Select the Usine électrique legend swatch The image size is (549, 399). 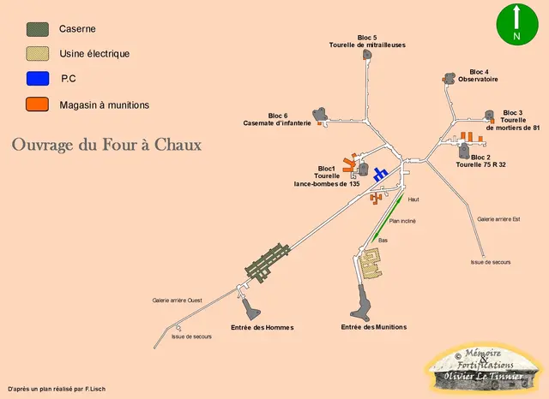38,54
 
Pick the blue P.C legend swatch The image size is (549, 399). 38,79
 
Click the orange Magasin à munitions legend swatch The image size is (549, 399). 38,104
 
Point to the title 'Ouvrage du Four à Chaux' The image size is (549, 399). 106,145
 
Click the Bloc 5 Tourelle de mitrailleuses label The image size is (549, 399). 367,41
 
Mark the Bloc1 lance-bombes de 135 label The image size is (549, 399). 327,176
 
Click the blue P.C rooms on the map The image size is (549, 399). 380,174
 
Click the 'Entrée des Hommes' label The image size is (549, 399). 262,327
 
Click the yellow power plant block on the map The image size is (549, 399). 371,270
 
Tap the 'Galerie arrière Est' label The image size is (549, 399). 498,219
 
